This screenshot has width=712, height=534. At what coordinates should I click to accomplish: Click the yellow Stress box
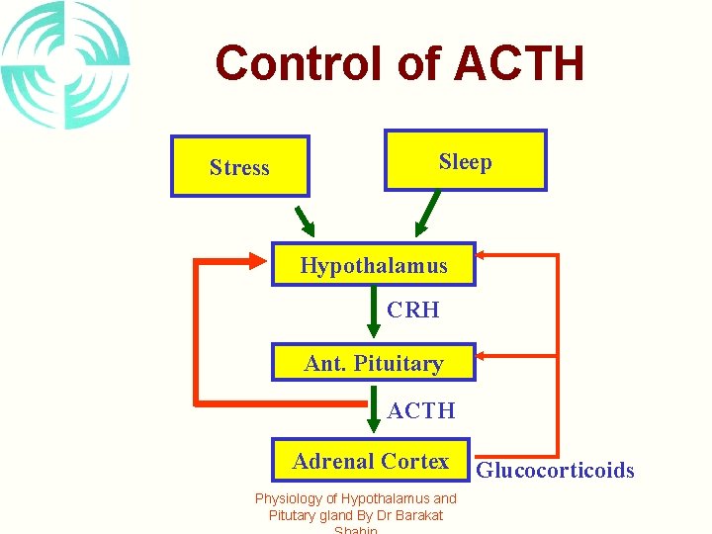click(239, 166)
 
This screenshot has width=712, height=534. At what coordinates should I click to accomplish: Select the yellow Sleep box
click(465, 160)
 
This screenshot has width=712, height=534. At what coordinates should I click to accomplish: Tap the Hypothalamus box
click(374, 265)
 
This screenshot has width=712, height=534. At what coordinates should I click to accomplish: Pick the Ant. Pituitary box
click(374, 363)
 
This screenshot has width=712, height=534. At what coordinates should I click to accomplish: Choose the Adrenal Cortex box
click(372, 461)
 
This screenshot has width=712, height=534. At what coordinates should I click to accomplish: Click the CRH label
click(413, 311)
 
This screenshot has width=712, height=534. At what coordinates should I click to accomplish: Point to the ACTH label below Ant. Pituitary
click(421, 410)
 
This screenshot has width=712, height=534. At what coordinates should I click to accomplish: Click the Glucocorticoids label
click(556, 471)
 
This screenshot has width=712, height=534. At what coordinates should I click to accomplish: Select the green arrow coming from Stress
click(305, 216)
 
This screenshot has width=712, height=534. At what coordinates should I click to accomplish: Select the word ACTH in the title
click(519, 63)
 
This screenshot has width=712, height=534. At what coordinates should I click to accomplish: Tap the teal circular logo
click(65, 65)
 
